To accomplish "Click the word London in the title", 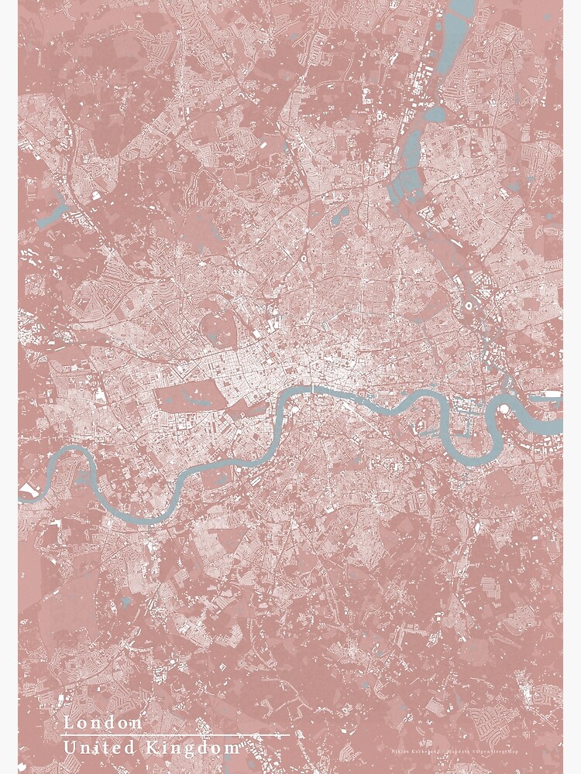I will coord(103,723).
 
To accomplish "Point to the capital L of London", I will coord(69,723).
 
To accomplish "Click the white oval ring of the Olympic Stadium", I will coord(470,307).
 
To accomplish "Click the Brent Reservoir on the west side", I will coord(53,212).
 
